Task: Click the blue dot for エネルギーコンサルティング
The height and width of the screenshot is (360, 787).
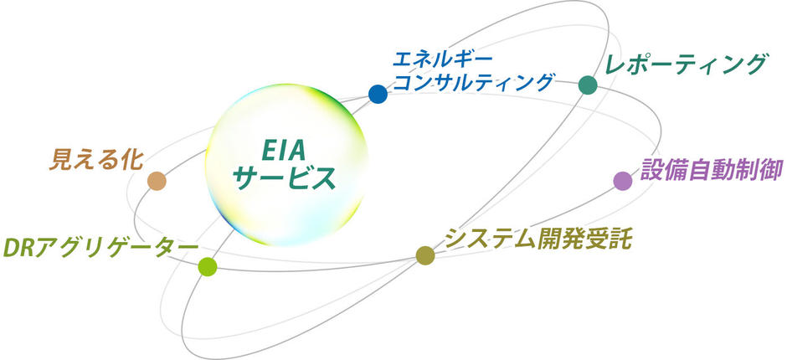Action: click(378, 94)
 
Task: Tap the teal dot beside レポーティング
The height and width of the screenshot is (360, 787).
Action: click(588, 85)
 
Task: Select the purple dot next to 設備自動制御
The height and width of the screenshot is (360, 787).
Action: click(623, 181)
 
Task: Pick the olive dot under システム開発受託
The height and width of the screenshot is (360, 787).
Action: click(425, 255)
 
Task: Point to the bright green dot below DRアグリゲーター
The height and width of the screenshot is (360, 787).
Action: click(208, 266)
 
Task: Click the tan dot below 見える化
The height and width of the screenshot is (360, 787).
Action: click(157, 181)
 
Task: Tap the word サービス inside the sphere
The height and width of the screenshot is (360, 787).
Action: click(285, 178)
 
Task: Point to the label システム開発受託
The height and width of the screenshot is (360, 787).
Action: click(538, 238)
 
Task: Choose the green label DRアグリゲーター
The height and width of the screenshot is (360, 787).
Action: click(100, 248)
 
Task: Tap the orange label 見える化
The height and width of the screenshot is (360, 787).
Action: click(96, 161)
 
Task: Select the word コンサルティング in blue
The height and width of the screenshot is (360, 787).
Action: click(473, 82)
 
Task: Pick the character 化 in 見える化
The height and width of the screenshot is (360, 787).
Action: click(132, 161)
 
